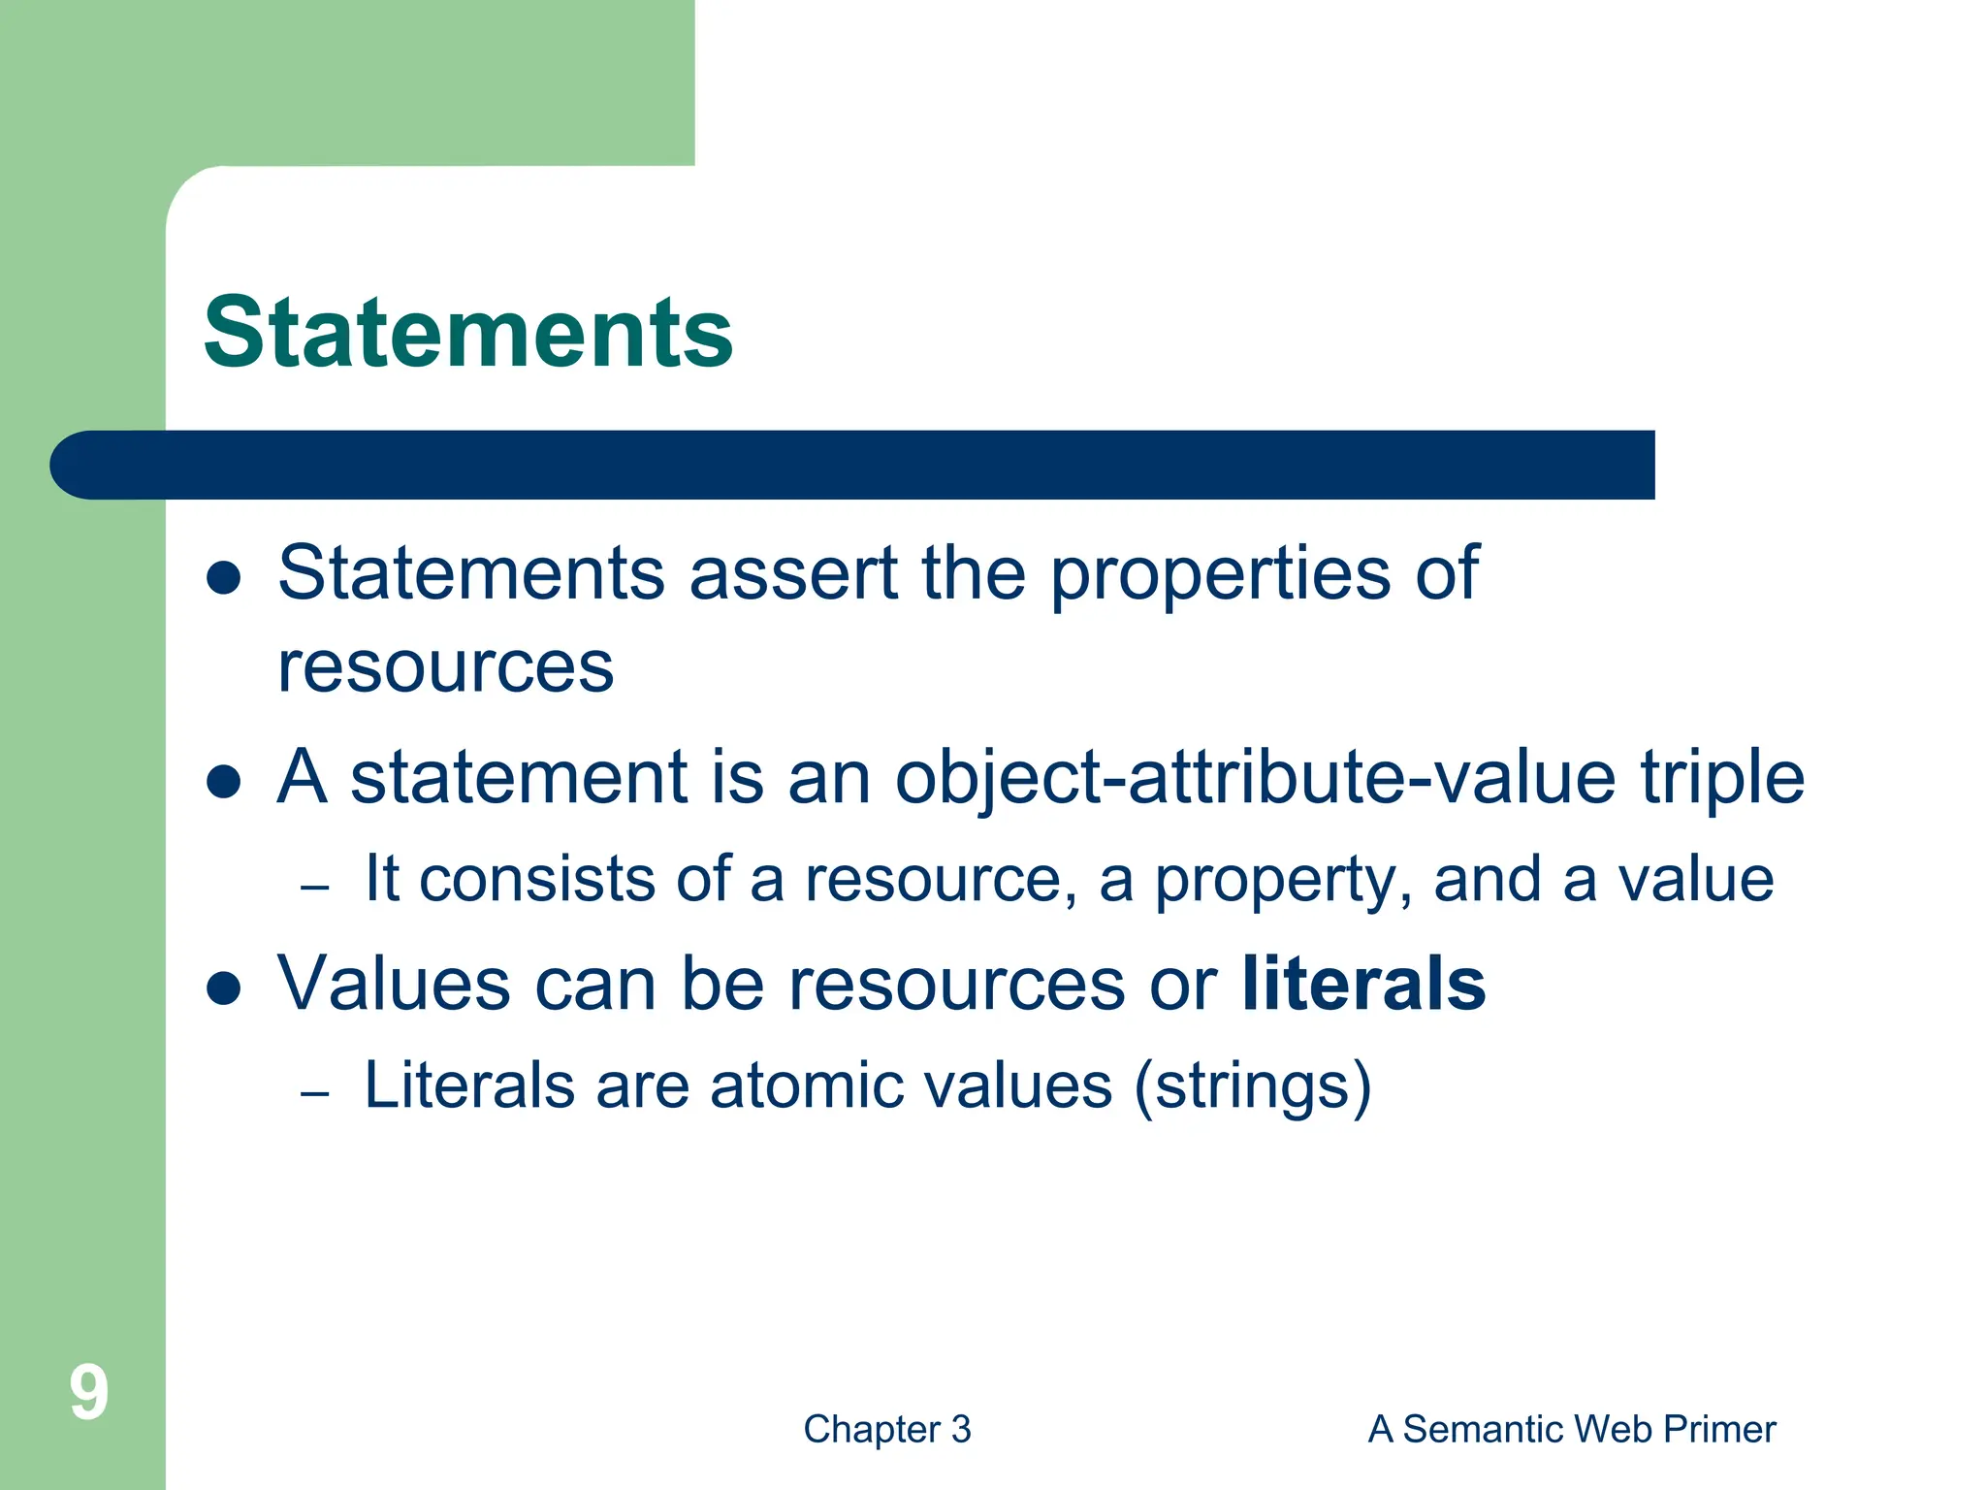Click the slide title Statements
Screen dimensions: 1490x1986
click(x=468, y=333)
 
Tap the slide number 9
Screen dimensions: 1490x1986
click(x=88, y=1393)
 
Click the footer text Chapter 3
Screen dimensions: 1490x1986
click(x=886, y=1429)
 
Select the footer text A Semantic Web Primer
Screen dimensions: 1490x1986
click(x=1571, y=1429)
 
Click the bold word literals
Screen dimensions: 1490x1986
click(x=1362, y=984)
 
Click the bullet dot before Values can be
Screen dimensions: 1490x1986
click(x=224, y=988)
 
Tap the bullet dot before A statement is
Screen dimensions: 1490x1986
click(x=224, y=782)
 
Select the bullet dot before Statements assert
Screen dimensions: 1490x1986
click(x=224, y=577)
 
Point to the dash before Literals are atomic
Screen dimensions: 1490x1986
click(x=315, y=1093)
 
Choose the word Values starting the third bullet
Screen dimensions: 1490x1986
click(x=394, y=984)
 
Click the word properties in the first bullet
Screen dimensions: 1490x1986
click(x=1220, y=574)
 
